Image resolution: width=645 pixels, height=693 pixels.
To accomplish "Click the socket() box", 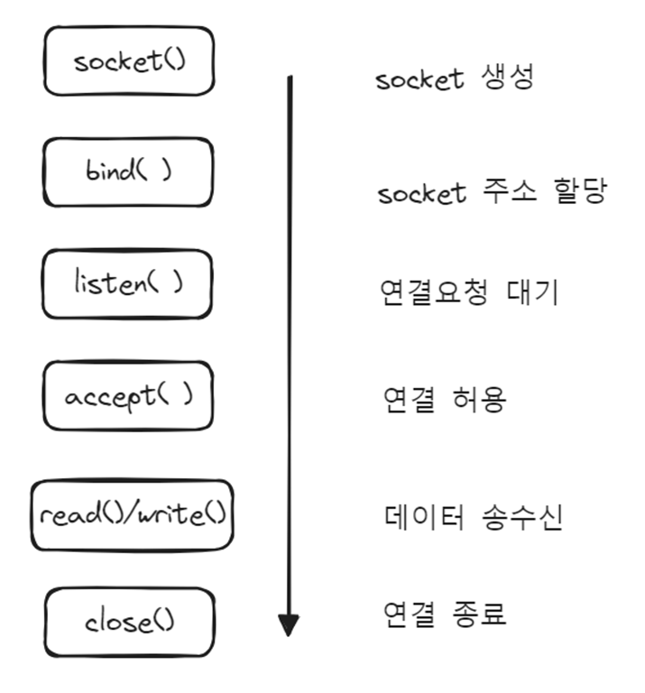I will pos(129,61).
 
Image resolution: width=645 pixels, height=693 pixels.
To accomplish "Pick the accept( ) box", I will pos(128,396).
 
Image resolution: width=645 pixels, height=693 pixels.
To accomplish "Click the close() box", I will pos(130,622).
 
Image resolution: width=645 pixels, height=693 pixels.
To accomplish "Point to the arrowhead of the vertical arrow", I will pos(288,624).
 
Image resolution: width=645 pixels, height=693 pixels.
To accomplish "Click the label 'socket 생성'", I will pos(454,79).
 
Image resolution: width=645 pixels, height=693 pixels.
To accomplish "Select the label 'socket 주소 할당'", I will pos(491,192).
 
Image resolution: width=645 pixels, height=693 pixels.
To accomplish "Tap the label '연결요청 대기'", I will pos(468,292).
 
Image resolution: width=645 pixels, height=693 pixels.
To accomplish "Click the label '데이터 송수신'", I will pos(470,518).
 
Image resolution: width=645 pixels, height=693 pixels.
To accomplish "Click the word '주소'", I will pos(509,192).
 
